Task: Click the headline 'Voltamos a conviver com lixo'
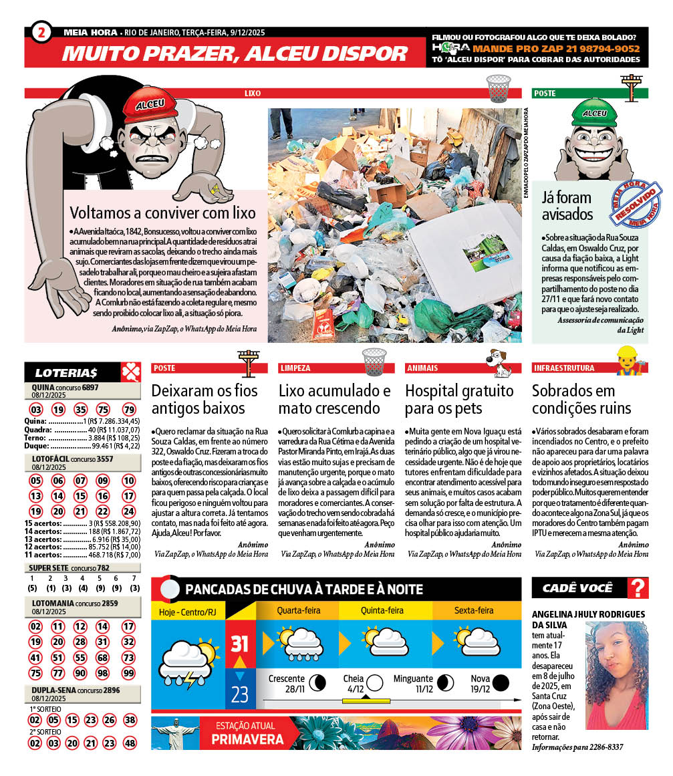163,213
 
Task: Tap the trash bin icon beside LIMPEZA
374,361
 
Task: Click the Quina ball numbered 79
129,409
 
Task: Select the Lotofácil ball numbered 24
129,511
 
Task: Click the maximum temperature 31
240,644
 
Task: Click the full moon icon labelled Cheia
375,682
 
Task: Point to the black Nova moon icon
501,682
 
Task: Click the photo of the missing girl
616,675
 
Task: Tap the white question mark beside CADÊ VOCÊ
639,588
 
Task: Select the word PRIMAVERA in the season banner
247,740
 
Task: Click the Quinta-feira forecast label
382,610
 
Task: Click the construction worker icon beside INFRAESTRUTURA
626,361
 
